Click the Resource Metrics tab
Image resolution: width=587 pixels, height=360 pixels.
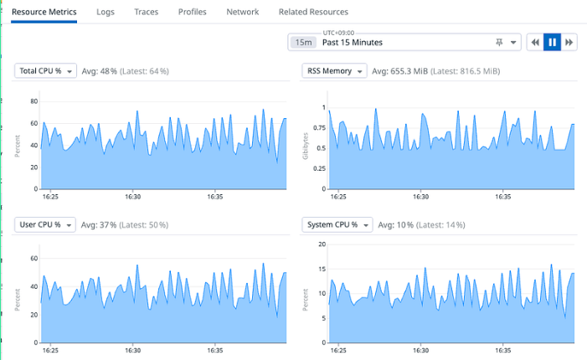[44, 12]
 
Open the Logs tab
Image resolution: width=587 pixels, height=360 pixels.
[106, 12]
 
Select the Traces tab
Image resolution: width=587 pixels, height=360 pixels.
[147, 12]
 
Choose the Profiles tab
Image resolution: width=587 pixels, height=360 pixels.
[193, 12]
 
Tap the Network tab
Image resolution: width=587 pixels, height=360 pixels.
[243, 12]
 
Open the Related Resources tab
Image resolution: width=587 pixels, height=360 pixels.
[313, 12]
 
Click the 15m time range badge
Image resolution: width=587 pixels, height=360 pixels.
[303, 43]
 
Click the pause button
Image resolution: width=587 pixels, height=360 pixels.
[552, 43]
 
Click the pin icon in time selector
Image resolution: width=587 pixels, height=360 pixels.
[499, 43]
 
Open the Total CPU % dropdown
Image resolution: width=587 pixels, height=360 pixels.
[45, 70]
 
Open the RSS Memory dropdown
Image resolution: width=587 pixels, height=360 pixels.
[334, 70]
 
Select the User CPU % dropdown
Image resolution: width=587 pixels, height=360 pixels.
[45, 224]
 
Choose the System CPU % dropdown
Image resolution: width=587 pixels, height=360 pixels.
[337, 224]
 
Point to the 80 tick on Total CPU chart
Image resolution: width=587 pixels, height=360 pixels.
[34, 101]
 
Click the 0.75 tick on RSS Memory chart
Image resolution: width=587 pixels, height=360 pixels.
[320, 128]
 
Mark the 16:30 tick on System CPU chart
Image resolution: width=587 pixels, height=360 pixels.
[421, 350]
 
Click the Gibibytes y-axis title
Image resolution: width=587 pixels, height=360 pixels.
[306, 146]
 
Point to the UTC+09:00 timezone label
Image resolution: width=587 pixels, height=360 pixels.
[338, 33]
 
